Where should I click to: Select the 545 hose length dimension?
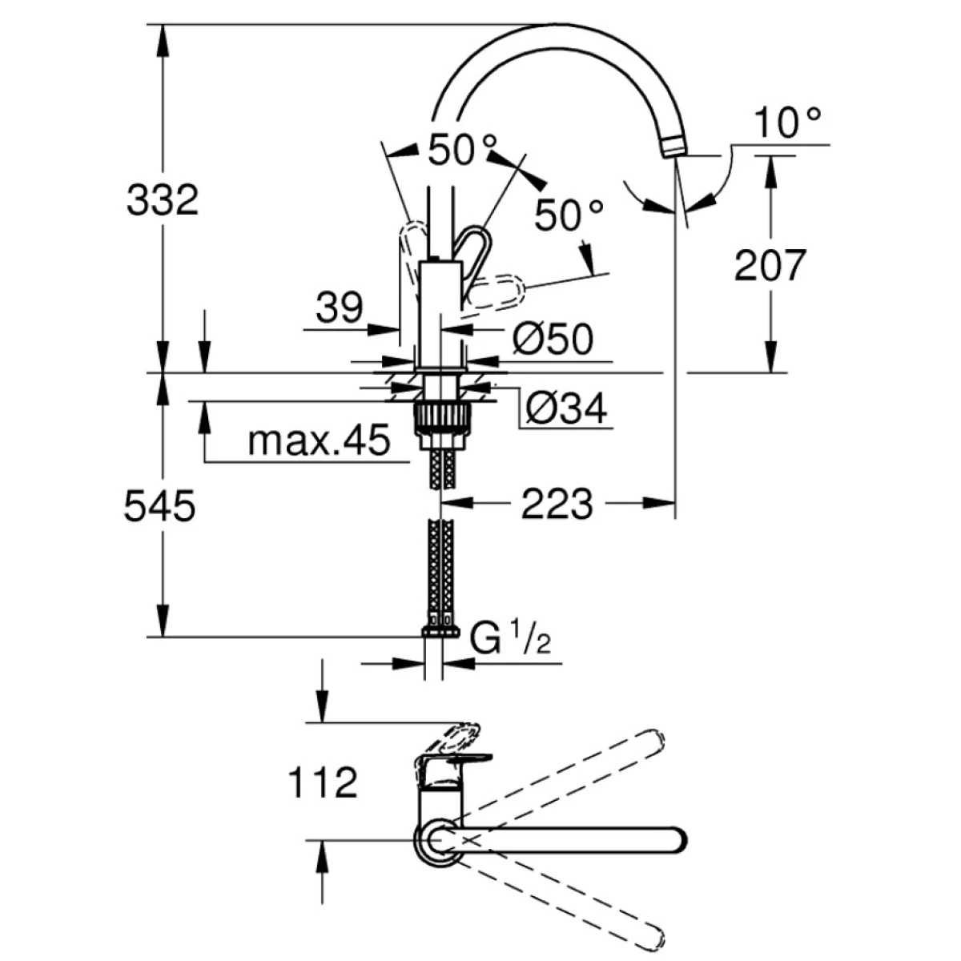160,506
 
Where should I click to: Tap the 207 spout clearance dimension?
770,265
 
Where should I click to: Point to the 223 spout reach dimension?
557,504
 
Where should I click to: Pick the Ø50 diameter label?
553,340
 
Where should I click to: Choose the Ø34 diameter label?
566,409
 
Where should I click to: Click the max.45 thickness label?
318,440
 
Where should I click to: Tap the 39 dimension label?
340,308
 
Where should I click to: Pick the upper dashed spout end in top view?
653,741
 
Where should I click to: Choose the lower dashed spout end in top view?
653,935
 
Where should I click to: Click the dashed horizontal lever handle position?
497,292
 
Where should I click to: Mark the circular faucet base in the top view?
437,840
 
